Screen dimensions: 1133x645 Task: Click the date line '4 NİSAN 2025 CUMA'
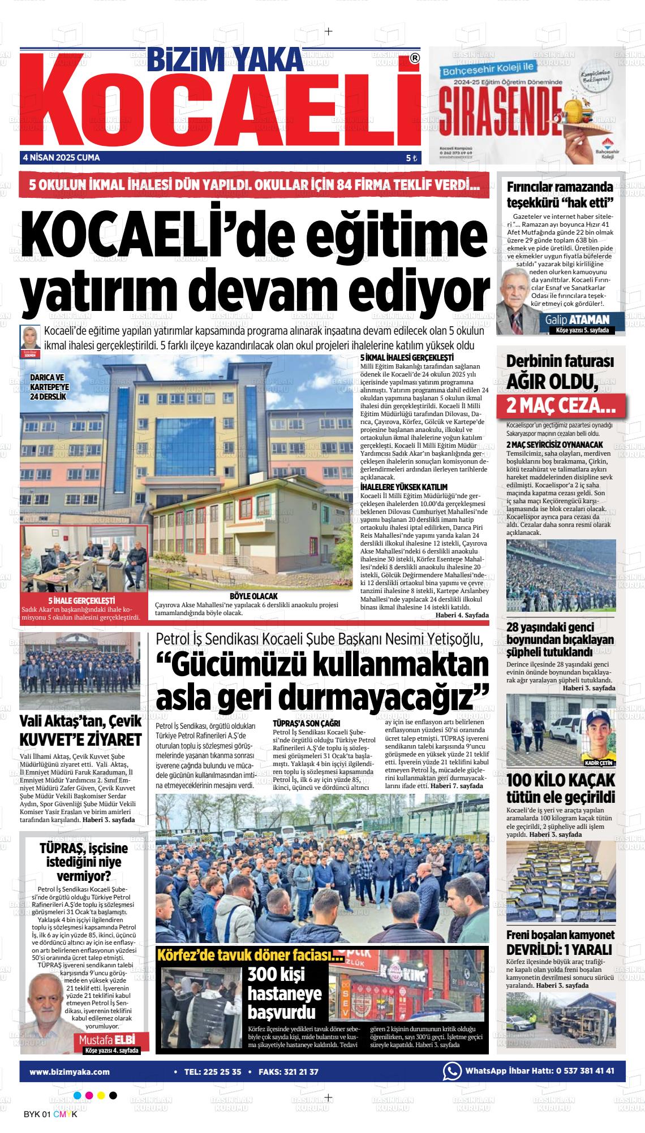[61, 158]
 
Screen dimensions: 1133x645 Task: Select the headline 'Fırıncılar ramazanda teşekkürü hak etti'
[560, 195]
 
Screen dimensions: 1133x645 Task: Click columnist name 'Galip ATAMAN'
[577, 320]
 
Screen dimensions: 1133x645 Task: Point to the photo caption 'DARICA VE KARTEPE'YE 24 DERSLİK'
[50, 387]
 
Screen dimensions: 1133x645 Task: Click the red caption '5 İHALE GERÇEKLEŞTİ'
[82, 600]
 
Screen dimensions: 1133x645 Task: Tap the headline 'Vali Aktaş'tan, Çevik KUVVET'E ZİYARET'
[80, 730]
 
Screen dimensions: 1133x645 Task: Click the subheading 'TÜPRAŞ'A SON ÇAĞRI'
[306, 723]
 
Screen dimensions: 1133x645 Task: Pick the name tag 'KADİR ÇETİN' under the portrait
[599, 763]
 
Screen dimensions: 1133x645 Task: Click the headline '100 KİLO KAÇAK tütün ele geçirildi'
[560, 789]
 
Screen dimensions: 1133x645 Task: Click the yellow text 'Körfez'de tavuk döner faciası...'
[250, 957]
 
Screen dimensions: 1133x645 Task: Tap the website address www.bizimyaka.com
[70, 1071]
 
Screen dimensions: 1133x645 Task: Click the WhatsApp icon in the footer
[451, 1071]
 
